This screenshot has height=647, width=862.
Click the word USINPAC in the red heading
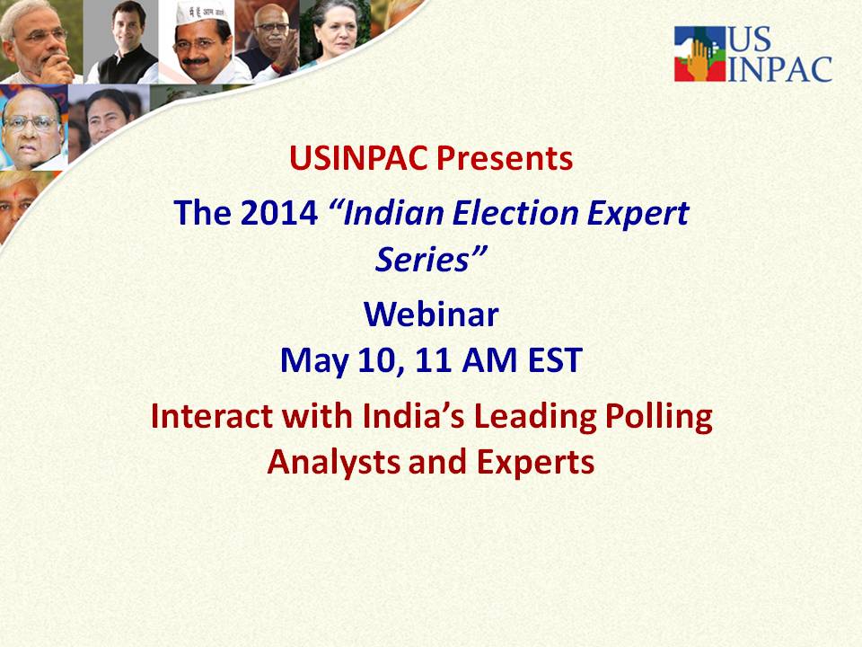358,158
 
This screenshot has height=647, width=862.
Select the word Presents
505,158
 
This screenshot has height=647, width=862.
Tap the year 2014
279,212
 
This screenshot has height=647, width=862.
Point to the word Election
515,212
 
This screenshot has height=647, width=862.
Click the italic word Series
422,259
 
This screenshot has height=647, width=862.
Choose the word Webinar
431,315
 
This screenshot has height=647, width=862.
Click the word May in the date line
314,361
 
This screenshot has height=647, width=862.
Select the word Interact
212,415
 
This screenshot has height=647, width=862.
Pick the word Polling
658,417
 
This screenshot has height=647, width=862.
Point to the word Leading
535,417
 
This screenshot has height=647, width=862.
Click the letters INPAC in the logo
779,68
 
